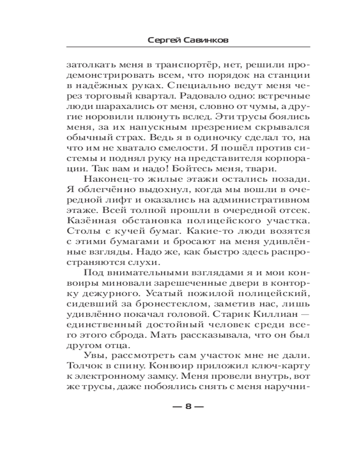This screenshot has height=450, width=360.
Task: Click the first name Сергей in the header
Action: (163, 40)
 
